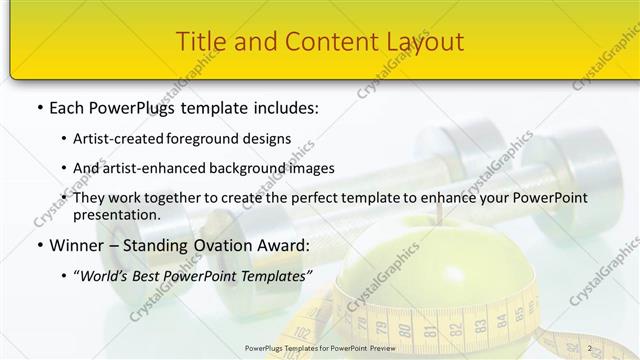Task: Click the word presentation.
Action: (x=115, y=215)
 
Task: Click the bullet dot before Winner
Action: (x=39, y=245)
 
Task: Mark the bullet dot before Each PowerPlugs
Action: (x=39, y=106)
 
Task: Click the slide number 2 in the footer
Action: (x=589, y=348)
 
